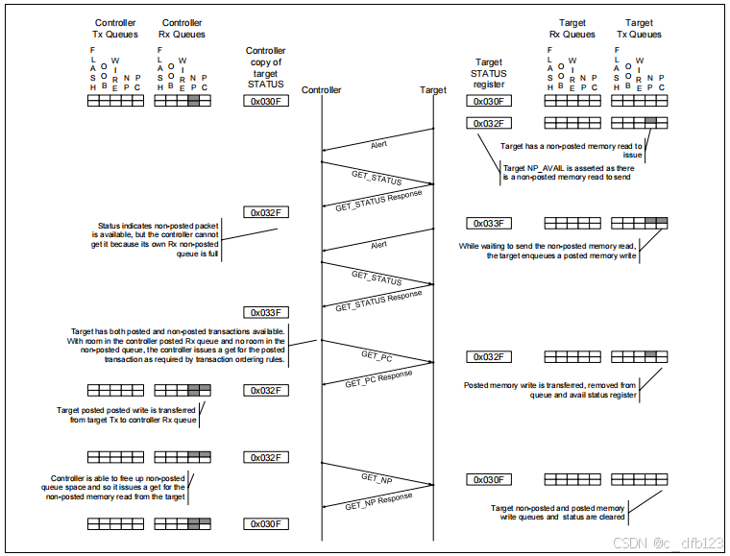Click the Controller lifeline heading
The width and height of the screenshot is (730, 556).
tap(321, 90)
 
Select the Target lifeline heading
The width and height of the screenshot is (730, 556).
tap(433, 90)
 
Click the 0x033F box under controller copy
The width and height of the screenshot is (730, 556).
tap(266, 312)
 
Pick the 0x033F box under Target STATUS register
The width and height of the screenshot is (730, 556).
tap(488, 223)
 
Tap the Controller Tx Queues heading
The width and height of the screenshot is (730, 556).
tap(114, 29)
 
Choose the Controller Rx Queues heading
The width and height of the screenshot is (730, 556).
tap(182, 29)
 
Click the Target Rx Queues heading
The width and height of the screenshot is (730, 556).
tap(572, 29)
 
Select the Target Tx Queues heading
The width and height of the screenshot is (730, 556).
tap(640, 29)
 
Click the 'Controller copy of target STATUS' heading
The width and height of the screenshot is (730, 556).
tap(266, 67)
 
